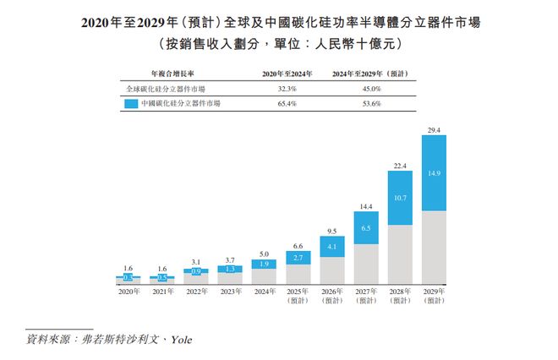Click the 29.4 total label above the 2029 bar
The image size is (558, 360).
pos(433,129)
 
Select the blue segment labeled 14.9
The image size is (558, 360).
pos(433,173)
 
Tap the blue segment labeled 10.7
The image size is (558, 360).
pos(399,198)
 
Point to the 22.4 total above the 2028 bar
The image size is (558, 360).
pos(399,166)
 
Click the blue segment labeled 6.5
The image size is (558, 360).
pos(365,228)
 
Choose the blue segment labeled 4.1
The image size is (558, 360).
pos(331,247)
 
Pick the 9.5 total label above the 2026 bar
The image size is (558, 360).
pos(331,231)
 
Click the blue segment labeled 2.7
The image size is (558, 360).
pos(298,256)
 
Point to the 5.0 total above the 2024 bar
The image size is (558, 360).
pos(264,253)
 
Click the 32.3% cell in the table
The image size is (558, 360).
pos(282,88)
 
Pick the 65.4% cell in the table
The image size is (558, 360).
pos(282,103)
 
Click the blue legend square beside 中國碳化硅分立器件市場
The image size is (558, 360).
pos(129,103)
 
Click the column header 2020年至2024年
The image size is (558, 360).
pos(282,74)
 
